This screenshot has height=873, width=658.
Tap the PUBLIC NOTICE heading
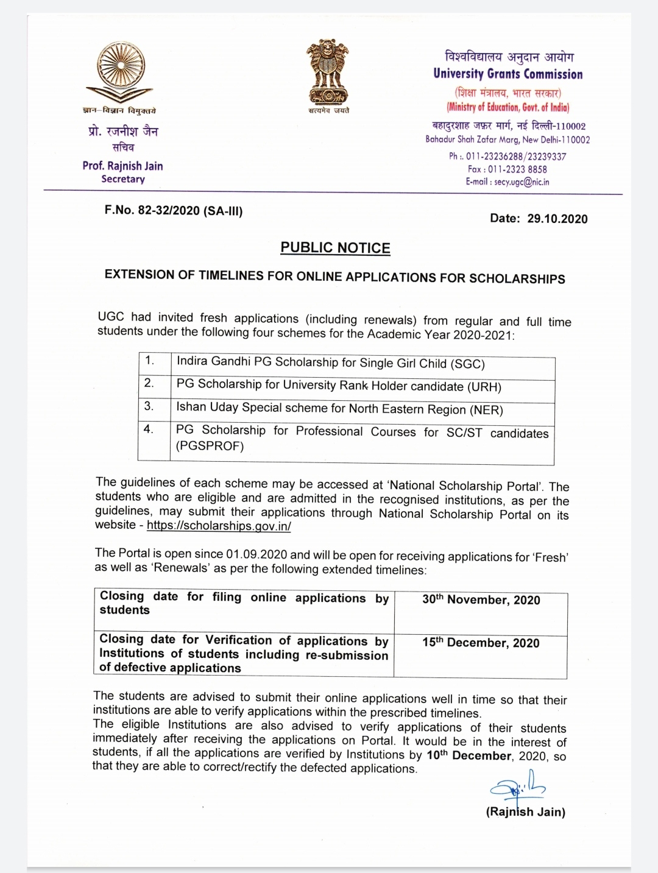point(335,248)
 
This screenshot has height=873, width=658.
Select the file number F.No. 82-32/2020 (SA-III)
point(174,211)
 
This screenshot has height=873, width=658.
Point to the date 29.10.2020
point(557,219)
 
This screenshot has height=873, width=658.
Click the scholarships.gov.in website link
point(219,526)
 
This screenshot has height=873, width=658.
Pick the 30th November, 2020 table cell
point(481,600)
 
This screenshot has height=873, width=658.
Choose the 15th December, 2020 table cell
point(481,643)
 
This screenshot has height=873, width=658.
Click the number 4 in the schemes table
point(149,429)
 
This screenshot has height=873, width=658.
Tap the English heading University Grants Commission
point(508,74)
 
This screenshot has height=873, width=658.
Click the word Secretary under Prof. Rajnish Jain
point(123,179)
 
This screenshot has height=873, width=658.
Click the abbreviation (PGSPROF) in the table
point(210,447)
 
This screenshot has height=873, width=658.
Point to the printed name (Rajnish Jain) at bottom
point(525,812)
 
